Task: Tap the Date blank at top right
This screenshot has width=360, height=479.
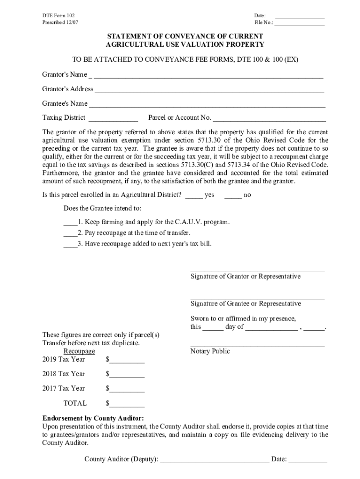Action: (300, 17)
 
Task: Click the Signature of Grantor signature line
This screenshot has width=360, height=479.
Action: (257, 271)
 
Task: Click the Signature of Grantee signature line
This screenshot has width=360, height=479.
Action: (257, 298)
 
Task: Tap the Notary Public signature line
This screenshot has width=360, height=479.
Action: (257, 346)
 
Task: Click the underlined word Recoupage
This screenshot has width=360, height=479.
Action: (79, 351)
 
